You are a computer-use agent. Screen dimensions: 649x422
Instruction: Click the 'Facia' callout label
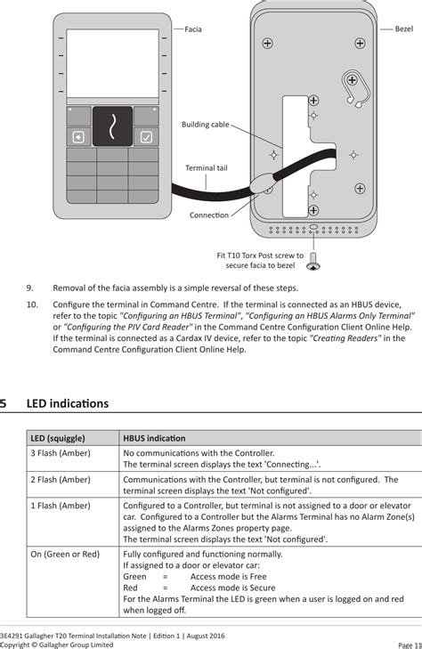pyautogui.click(x=193, y=29)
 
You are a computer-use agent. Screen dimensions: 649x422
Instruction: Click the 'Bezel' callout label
pyautogui.click(x=403, y=29)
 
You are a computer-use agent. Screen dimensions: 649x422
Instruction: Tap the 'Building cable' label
pyautogui.click(x=206, y=125)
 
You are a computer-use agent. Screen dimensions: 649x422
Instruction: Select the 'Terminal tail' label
pyautogui.click(x=207, y=167)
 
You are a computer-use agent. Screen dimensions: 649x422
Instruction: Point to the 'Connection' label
pyautogui.click(x=208, y=215)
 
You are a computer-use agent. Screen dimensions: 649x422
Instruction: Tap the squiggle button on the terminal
pyautogui.click(x=112, y=126)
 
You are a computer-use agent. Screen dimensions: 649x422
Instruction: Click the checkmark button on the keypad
pyautogui.click(x=146, y=137)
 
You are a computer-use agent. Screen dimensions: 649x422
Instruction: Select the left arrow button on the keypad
pyautogui.click(x=79, y=137)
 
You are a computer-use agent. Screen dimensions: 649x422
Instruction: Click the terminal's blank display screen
pyautogui.click(x=112, y=64)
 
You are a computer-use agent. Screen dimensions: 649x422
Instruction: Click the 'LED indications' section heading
pyautogui.click(x=67, y=403)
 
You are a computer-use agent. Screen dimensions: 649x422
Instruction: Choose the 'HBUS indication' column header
pyautogui.click(x=154, y=438)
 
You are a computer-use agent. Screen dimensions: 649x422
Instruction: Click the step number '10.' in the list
pyautogui.click(x=32, y=304)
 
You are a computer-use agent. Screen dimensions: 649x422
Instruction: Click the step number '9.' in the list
pyautogui.click(x=30, y=288)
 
